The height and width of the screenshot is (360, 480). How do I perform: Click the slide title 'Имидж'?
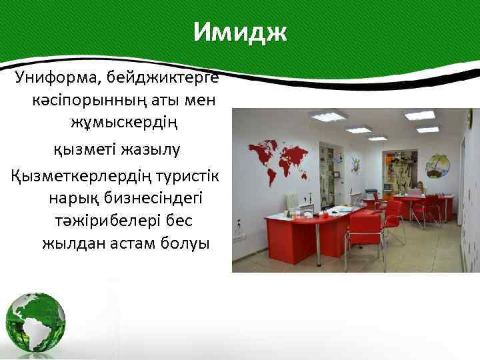(240, 31)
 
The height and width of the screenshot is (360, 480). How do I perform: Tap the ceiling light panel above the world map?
(328, 117)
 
